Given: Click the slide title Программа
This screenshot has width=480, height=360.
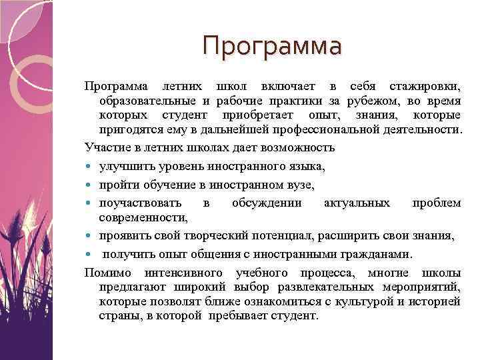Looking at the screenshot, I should tap(272, 46).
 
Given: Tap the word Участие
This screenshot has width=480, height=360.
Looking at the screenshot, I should tap(105, 147).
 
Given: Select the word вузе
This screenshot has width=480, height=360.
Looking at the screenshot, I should tap(299, 185).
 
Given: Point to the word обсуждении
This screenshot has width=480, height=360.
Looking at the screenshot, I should tap(267, 203).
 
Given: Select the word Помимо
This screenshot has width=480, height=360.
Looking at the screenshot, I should tap(105, 273).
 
